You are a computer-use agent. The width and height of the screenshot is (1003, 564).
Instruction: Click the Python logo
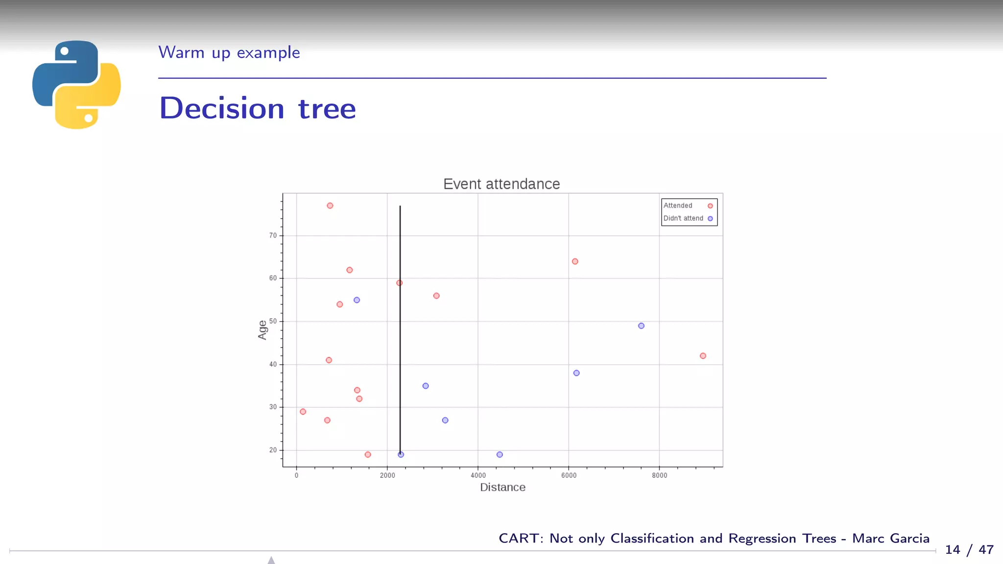pyautogui.click(x=76, y=85)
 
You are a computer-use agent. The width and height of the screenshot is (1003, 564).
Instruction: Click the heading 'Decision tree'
pyautogui.click(x=258, y=108)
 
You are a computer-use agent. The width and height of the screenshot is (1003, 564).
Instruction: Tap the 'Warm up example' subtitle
pyautogui.click(x=229, y=52)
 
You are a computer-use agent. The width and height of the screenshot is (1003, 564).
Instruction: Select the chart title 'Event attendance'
pyautogui.click(x=501, y=184)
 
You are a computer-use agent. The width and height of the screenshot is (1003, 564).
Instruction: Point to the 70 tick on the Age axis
pyautogui.click(x=273, y=235)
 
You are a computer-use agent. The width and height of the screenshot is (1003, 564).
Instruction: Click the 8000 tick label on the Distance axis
pyautogui.click(x=659, y=475)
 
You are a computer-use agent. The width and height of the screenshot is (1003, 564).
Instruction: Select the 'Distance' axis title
pyautogui.click(x=502, y=487)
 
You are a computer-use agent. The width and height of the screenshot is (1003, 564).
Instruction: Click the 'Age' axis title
pyautogui.click(x=263, y=329)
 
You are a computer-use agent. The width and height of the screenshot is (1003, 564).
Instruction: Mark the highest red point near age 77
pyautogui.click(x=330, y=206)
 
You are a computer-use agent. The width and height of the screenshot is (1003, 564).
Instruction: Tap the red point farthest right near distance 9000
pyautogui.click(x=703, y=356)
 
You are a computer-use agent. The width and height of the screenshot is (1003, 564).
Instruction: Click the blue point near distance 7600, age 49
pyautogui.click(x=641, y=326)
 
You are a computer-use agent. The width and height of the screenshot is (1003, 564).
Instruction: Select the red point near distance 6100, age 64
pyautogui.click(x=575, y=261)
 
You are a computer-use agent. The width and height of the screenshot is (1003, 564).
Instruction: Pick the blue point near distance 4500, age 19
pyautogui.click(x=500, y=454)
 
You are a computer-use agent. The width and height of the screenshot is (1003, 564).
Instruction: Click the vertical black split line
pyautogui.click(x=400, y=343)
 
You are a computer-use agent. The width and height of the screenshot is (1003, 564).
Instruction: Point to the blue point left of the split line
pyautogui.click(x=357, y=300)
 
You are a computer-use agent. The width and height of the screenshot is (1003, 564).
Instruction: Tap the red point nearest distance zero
pyautogui.click(x=303, y=412)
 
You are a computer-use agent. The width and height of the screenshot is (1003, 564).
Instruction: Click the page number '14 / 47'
pyautogui.click(x=969, y=550)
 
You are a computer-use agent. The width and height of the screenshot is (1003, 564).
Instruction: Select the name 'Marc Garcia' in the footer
pyautogui.click(x=890, y=538)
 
